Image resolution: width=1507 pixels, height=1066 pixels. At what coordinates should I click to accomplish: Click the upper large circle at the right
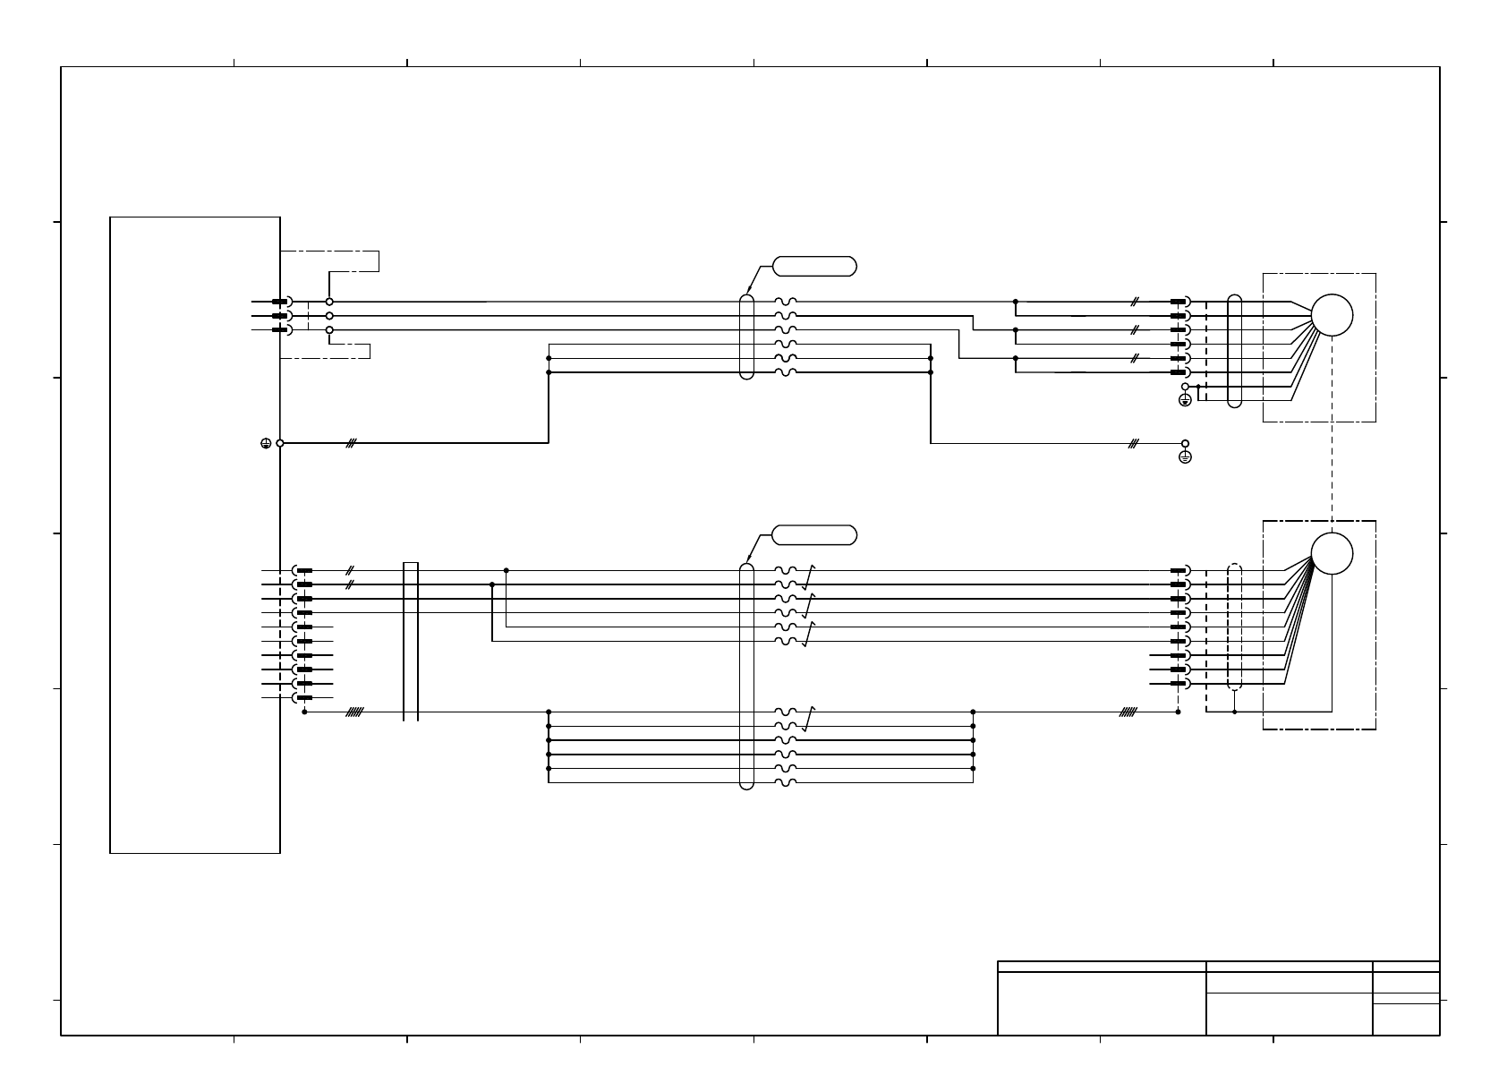(x=1332, y=315)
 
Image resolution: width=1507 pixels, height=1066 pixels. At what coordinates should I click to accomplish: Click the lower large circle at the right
(x=1332, y=553)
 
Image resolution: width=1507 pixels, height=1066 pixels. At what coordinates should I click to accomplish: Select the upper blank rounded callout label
(x=814, y=266)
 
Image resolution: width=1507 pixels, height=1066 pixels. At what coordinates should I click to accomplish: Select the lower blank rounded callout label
(x=814, y=535)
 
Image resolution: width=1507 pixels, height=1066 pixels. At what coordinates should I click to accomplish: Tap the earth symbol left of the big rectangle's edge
(x=266, y=443)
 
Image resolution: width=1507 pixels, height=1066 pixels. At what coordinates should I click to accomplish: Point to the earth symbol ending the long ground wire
(x=1186, y=457)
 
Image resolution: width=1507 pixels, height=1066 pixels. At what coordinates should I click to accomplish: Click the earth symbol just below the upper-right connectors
(x=1185, y=400)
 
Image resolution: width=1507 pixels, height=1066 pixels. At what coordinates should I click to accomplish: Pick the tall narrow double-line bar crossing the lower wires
(x=411, y=641)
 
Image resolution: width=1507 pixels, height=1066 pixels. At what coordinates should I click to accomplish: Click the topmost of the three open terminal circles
(x=329, y=303)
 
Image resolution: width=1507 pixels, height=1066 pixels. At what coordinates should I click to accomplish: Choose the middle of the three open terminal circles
(x=329, y=316)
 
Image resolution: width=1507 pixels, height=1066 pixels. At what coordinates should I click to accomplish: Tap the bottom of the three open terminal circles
(x=329, y=330)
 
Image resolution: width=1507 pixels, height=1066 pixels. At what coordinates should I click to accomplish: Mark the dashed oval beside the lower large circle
(x=1235, y=627)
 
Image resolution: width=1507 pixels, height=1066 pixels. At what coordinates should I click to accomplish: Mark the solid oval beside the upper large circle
(x=1235, y=351)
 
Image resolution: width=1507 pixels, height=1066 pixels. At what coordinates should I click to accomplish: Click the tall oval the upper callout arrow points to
(x=747, y=337)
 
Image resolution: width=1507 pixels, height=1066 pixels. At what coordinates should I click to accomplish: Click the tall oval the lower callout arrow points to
(x=747, y=677)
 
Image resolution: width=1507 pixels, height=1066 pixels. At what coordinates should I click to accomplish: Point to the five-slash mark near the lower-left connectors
(x=354, y=712)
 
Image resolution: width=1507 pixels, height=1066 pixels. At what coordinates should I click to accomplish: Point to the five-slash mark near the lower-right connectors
(x=1128, y=712)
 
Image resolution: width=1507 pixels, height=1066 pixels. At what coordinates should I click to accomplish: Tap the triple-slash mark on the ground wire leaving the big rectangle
(x=352, y=443)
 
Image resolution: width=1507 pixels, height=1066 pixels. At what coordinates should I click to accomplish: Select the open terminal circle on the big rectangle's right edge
(x=280, y=443)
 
